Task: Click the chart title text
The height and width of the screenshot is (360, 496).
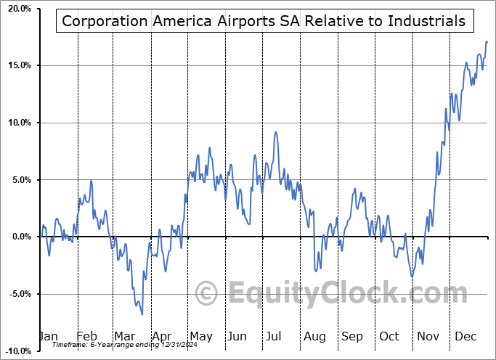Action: click(x=264, y=20)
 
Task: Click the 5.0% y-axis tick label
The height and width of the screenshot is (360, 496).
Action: click(x=20, y=180)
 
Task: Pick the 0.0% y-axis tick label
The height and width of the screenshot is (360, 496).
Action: click(x=20, y=237)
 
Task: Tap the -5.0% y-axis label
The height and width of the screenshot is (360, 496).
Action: click(x=19, y=294)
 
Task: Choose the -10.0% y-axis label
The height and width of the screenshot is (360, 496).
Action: click(x=17, y=351)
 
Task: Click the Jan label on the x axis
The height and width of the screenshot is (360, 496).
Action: click(x=48, y=337)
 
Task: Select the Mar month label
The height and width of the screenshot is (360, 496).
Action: click(x=124, y=337)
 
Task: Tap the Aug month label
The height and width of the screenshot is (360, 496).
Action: click(x=314, y=337)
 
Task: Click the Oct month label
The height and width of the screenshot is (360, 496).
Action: click(x=390, y=337)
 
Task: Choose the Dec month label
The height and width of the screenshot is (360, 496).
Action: click(x=465, y=337)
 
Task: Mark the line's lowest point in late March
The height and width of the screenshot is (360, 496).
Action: click(x=142, y=314)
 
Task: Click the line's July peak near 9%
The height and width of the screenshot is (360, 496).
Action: click(x=275, y=132)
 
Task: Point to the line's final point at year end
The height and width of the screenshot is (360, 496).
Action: click(x=487, y=42)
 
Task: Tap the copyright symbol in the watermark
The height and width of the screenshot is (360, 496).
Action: click(x=207, y=293)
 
